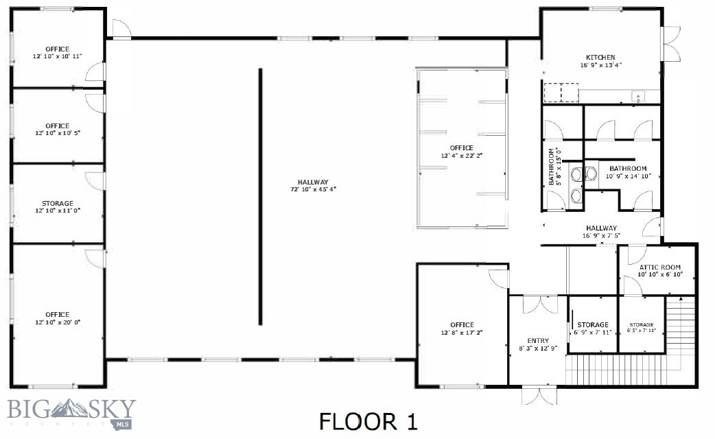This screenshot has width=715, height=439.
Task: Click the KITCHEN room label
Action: [600, 58]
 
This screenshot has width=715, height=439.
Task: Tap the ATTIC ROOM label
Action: [659, 267]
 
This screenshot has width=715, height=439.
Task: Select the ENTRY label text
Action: [537, 341]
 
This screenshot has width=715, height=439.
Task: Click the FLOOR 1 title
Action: [368, 420]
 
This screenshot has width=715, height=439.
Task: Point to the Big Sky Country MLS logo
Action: [71, 413]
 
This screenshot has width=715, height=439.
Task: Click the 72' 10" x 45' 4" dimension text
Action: [312, 189]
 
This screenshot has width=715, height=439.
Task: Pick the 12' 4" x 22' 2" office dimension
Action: [461, 156]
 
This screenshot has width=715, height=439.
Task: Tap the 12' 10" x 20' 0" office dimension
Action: [57, 322]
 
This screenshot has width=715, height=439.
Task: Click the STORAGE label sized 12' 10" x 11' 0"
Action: [57, 204]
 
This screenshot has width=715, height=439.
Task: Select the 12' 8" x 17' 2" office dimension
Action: [462, 333]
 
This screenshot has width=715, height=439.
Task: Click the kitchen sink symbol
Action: [637, 97]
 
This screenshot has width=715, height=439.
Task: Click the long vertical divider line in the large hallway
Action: [260, 196]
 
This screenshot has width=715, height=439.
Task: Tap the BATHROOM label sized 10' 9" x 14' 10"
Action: [628, 168]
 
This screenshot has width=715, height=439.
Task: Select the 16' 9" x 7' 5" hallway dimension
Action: [600, 236]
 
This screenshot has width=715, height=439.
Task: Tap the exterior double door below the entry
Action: [539, 396]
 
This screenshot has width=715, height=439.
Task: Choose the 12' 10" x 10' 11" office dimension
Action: [57, 56]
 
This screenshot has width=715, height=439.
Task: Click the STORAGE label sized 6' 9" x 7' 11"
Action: [592, 324]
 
